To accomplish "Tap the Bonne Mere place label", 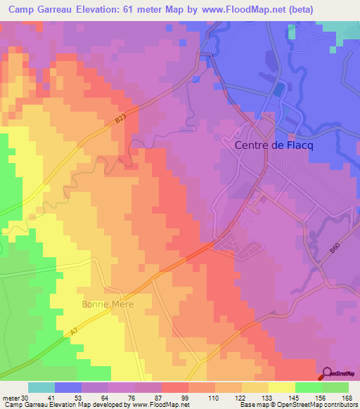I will [x=108, y=304].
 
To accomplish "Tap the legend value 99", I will [x=184, y=398].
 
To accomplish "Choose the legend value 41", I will [x=51, y=398].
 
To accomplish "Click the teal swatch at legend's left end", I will [x=41, y=387].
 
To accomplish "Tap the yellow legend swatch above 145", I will [x=282, y=387].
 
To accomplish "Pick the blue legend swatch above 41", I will [x=68, y=387].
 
